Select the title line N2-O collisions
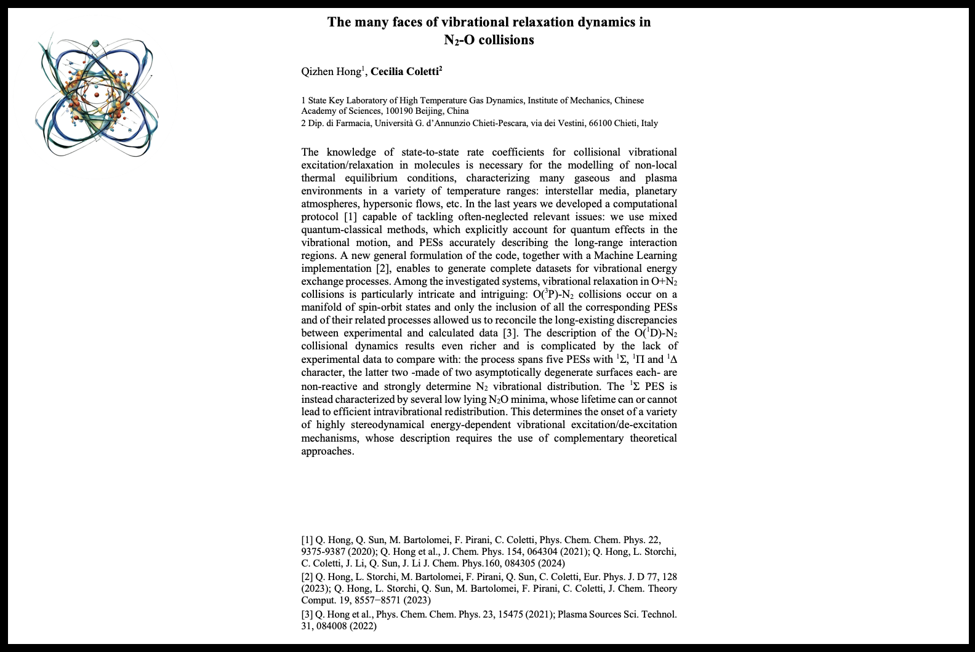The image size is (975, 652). point(489,40)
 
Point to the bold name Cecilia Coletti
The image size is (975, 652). point(405,71)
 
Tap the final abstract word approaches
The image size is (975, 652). point(326,451)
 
